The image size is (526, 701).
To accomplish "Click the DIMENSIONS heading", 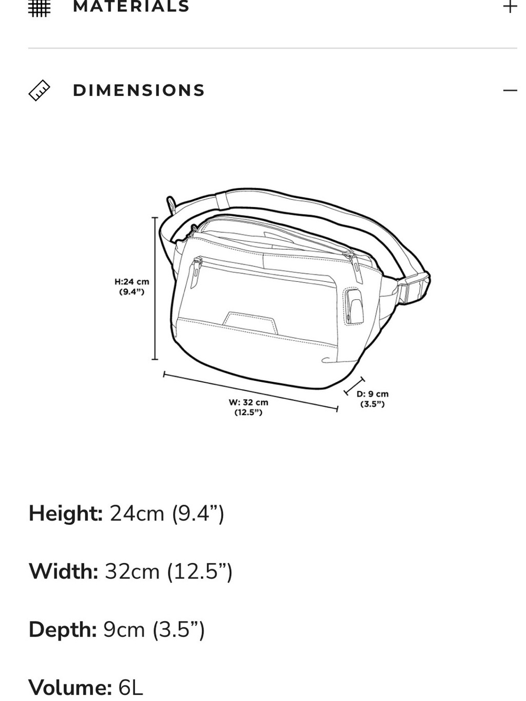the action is coord(139,90).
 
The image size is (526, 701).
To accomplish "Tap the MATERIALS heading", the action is coord(131,6).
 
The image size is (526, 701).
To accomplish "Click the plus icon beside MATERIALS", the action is coord(510,6).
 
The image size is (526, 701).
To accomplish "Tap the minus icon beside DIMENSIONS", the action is coord(510,90).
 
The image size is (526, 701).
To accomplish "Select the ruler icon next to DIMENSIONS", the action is coord(39,90).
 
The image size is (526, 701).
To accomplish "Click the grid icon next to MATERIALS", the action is coord(39,8).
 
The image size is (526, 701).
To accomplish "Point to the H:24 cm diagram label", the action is coord(132,287).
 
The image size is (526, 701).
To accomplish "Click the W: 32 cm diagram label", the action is coord(248,407).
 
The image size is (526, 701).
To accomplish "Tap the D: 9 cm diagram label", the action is coord(372,399).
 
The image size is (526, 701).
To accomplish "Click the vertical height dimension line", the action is coord(155,288).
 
